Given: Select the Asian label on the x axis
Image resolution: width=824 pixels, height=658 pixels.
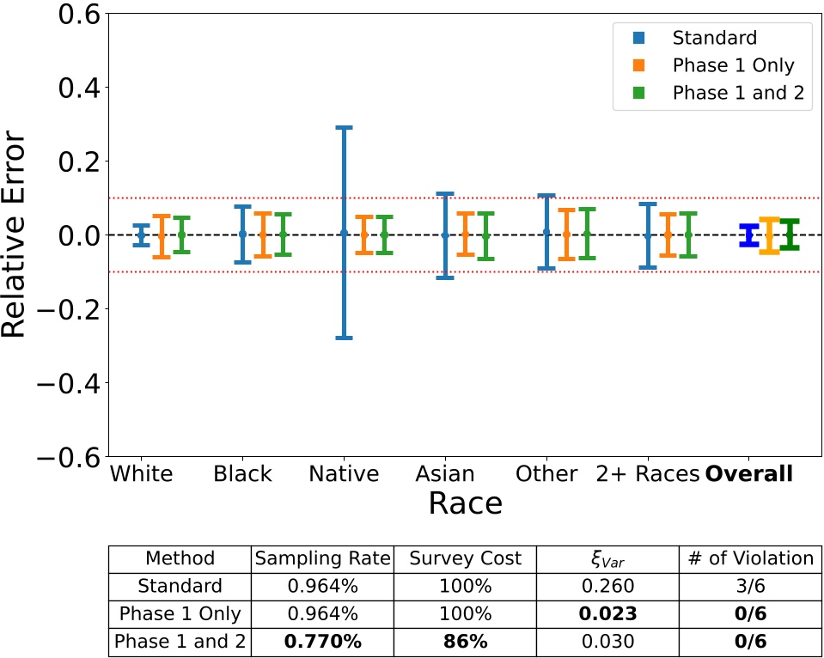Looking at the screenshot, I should coord(444,474).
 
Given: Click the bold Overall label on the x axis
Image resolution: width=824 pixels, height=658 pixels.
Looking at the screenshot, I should coord(748,474).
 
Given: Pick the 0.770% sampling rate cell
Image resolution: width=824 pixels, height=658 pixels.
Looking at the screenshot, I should coord(321,642).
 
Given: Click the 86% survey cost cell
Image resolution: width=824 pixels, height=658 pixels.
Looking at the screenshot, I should coord(464,642).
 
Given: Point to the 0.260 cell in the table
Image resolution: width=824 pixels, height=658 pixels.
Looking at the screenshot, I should coord(607,587).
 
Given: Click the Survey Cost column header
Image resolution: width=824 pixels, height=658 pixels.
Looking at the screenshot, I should coord(464,558).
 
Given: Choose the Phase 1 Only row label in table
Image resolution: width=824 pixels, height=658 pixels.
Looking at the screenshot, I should coord(180,614).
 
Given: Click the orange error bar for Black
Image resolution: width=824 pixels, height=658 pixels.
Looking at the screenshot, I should coord(263,234).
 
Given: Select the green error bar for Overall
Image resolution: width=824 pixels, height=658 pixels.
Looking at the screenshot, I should coord(790,235).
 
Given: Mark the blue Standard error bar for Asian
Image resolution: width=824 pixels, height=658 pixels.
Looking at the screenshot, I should coord(445,235).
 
